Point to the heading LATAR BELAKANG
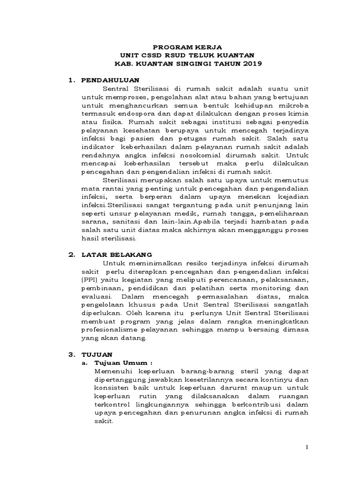[116, 255]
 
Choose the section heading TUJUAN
[97, 354]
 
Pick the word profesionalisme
[111, 330]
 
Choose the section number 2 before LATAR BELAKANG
[71, 255]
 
